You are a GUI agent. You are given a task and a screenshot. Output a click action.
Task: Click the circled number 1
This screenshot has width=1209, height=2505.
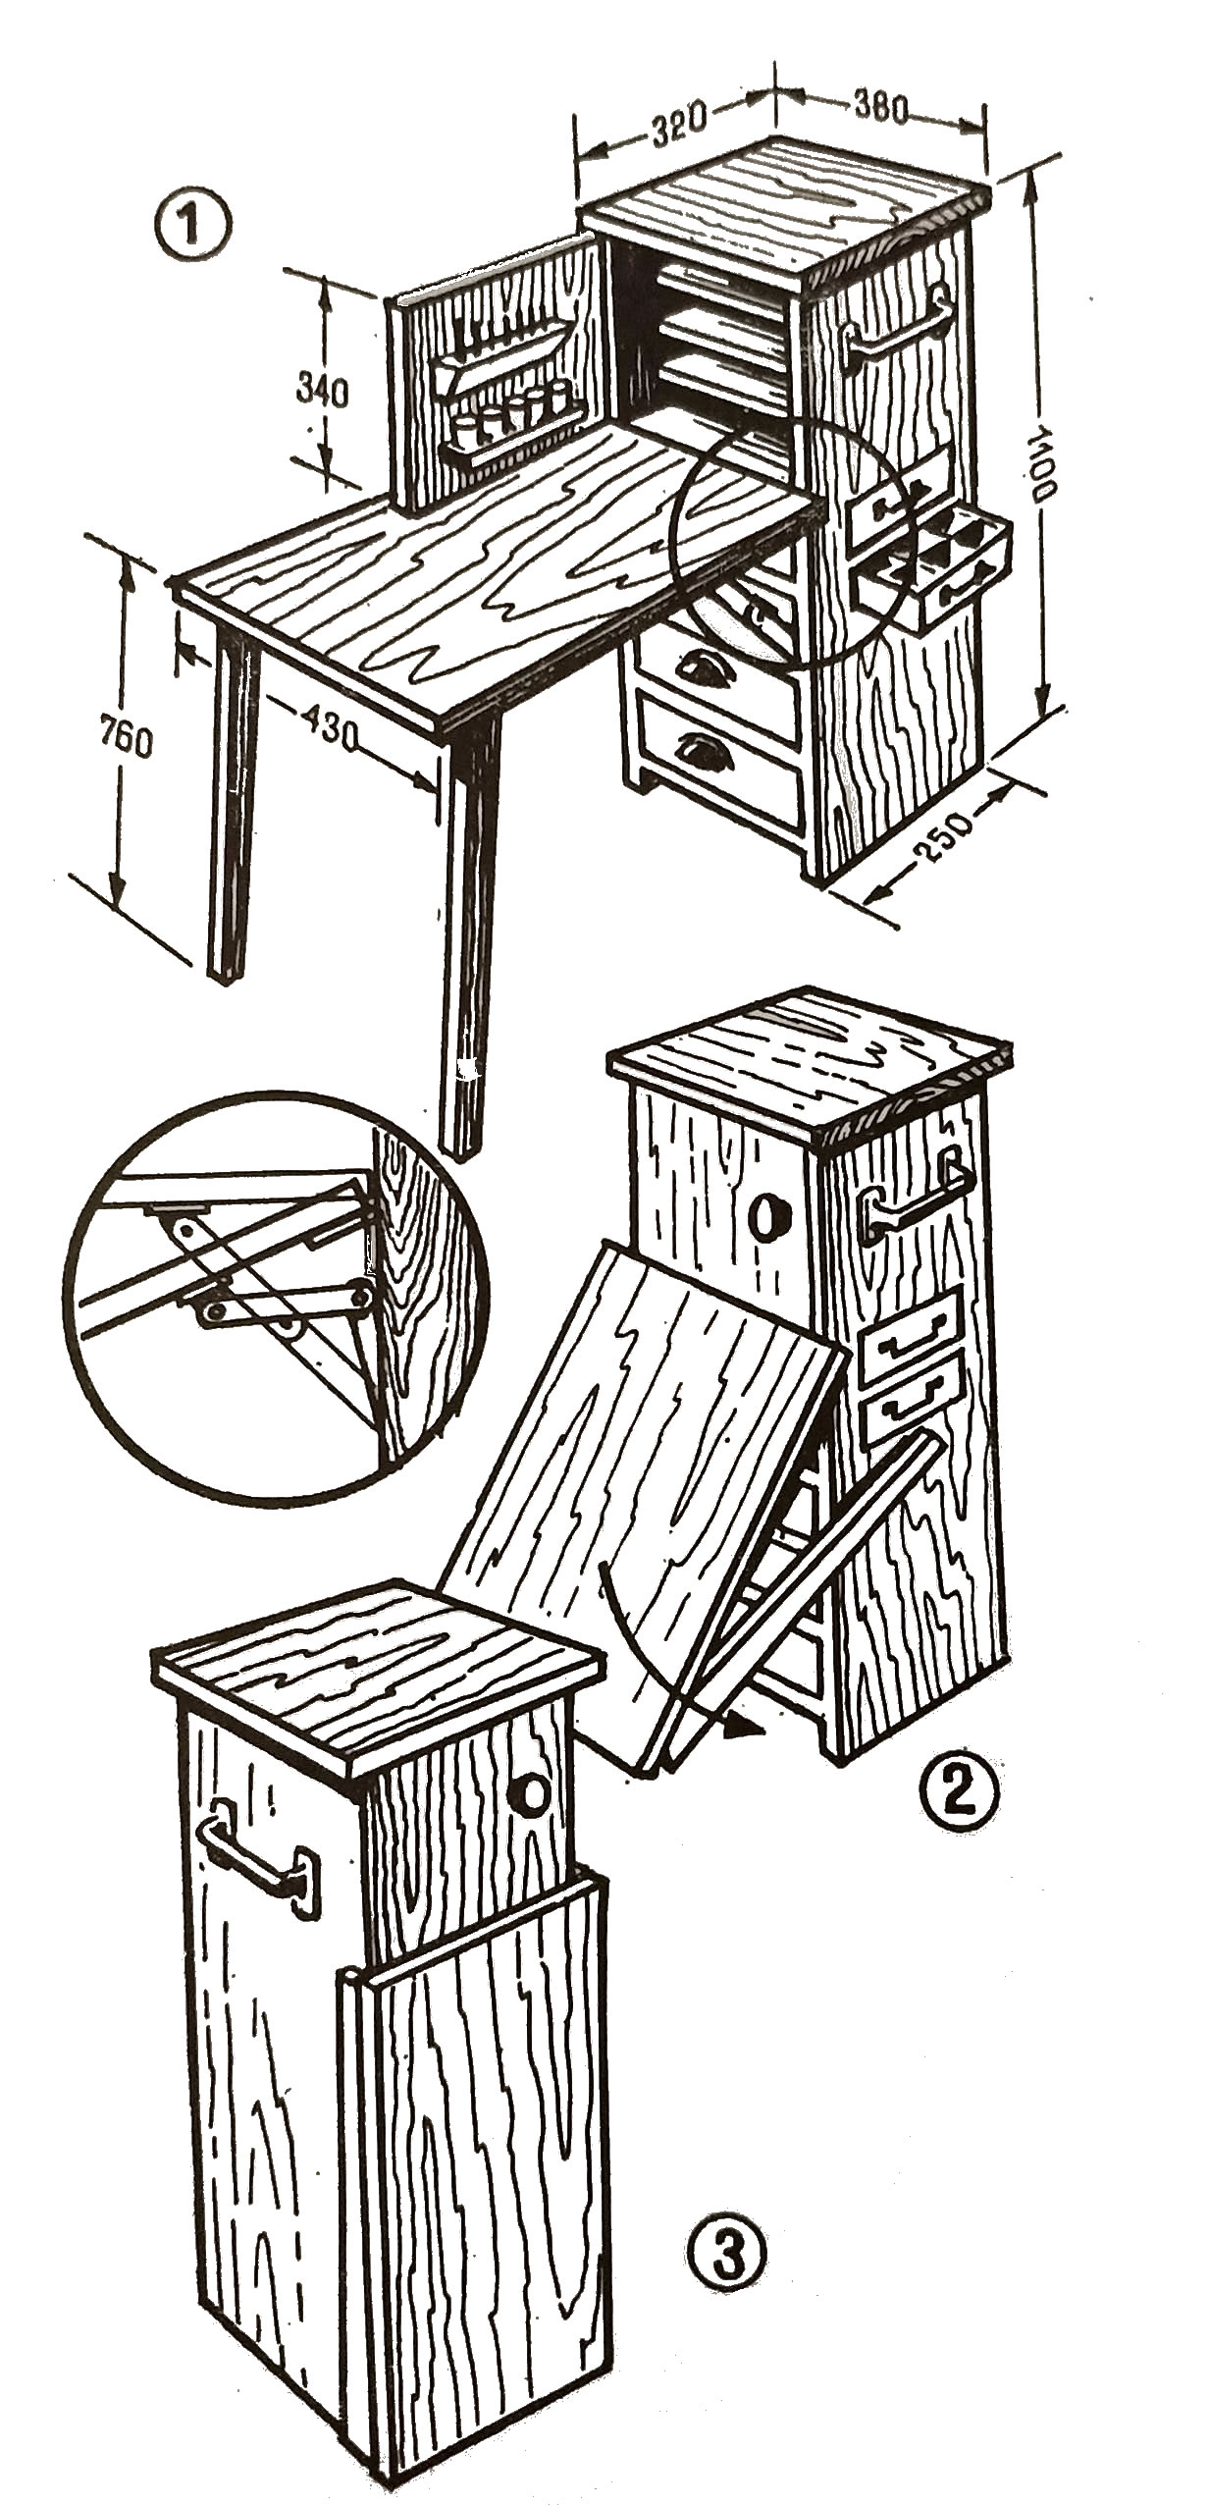(194, 226)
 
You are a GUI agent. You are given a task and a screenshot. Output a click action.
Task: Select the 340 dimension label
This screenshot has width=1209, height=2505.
(322, 392)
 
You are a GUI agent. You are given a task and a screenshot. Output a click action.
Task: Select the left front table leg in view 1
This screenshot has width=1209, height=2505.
(236, 801)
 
